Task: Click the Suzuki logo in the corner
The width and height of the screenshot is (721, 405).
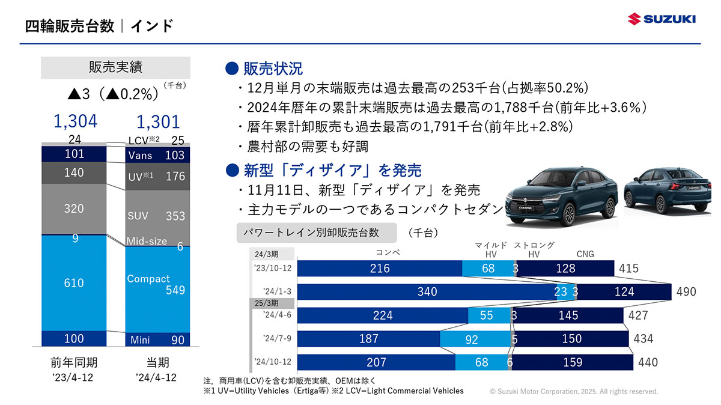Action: click(x=662, y=19)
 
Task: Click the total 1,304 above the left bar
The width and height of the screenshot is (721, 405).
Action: click(x=75, y=121)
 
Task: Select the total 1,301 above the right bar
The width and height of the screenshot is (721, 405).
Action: click(x=158, y=122)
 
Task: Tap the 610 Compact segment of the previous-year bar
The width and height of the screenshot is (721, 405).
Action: click(x=74, y=282)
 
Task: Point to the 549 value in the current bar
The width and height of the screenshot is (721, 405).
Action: click(x=175, y=290)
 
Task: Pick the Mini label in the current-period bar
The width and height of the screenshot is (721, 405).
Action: click(x=140, y=340)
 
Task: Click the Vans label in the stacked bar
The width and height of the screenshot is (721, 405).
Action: click(x=140, y=156)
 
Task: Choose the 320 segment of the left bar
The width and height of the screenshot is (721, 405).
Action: click(x=74, y=209)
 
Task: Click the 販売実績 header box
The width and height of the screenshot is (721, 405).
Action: click(x=115, y=67)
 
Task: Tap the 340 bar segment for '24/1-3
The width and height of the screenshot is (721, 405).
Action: click(x=427, y=292)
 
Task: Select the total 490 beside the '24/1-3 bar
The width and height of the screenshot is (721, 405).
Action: click(x=686, y=292)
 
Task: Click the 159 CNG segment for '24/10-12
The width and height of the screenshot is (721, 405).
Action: click(x=573, y=362)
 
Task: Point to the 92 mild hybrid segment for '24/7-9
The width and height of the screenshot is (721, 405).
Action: click(x=472, y=340)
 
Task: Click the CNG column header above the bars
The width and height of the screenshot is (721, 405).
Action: click(x=585, y=254)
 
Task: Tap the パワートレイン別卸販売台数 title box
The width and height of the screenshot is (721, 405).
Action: click(x=317, y=233)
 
